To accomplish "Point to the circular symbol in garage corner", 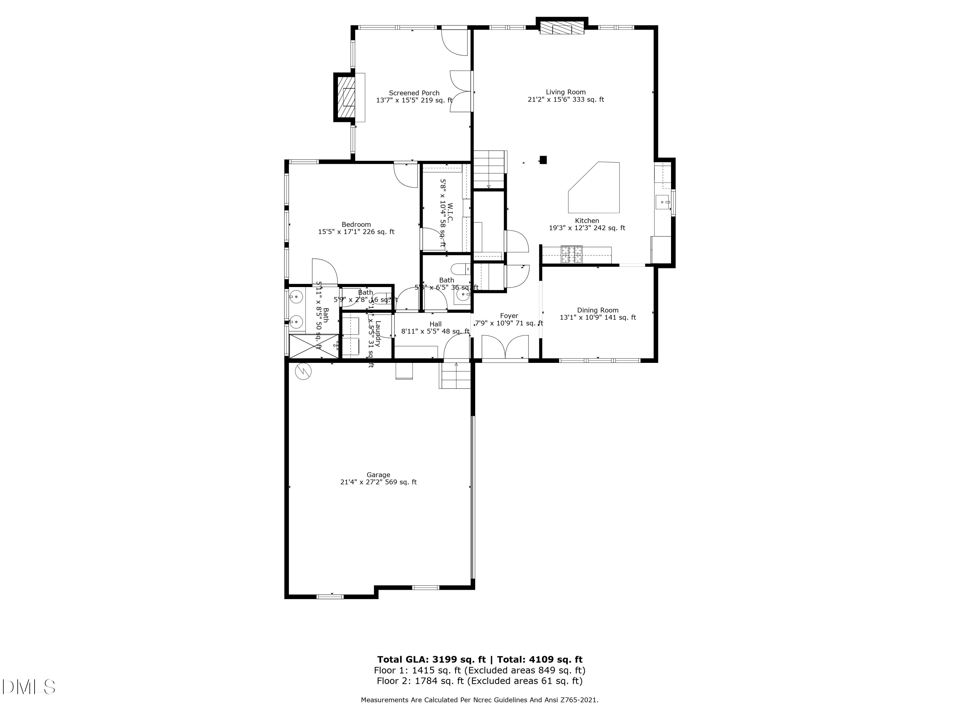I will click(303, 372).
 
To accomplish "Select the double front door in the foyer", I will click(505, 348).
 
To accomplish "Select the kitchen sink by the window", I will click(662, 202).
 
